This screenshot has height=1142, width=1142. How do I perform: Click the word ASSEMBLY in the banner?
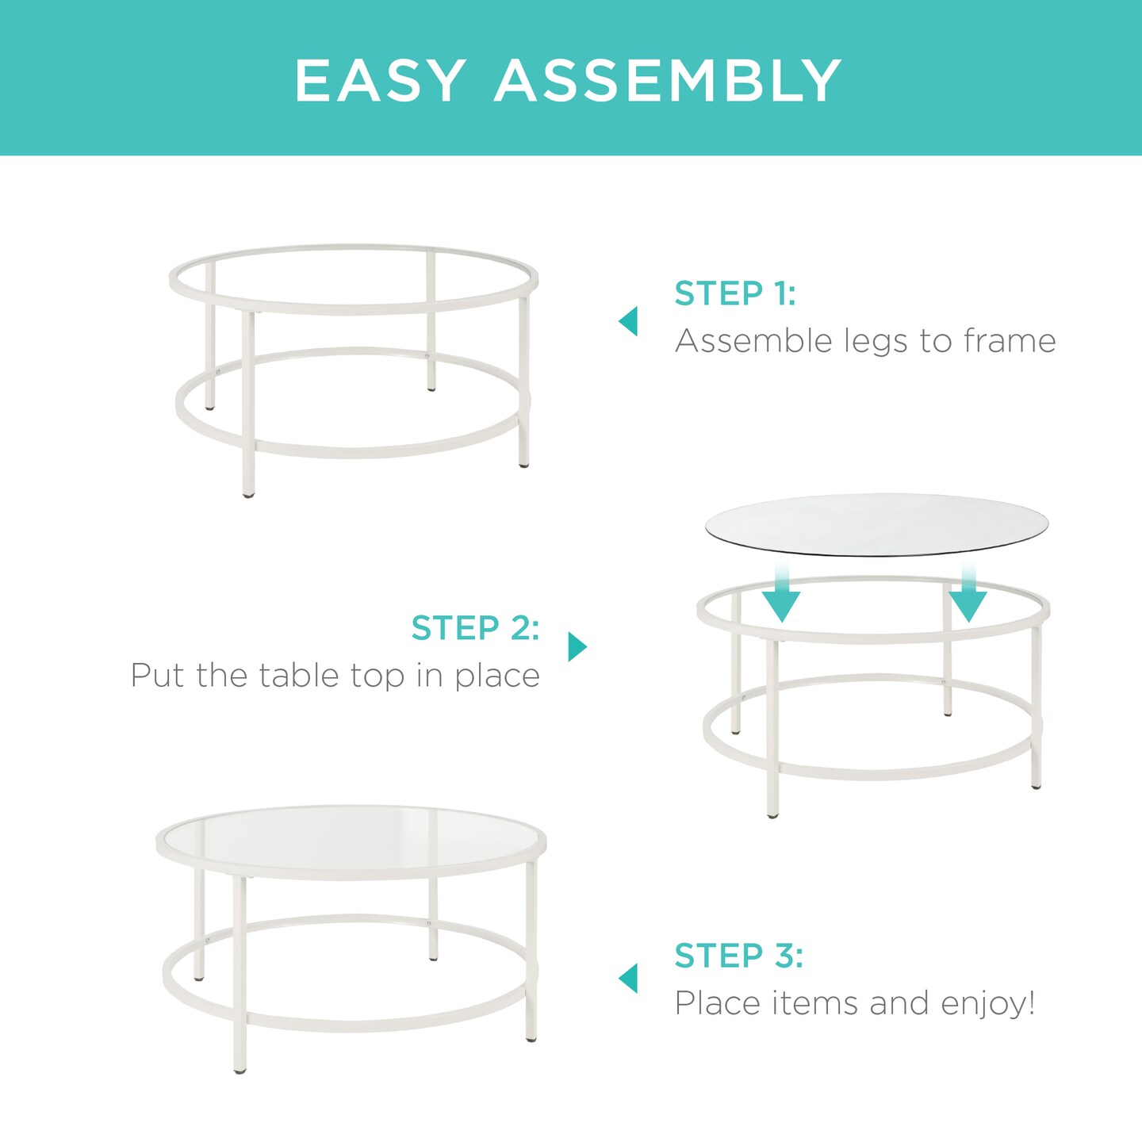pyautogui.click(x=668, y=80)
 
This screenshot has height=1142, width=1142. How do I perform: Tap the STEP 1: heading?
pyautogui.click(x=734, y=293)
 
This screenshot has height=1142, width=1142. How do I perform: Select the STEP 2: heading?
pyautogui.click(x=475, y=628)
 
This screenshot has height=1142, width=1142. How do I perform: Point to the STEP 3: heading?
pyautogui.click(x=738, y=956)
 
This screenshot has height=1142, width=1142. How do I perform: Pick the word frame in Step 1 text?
pyautogui.click(x=1009, y=341)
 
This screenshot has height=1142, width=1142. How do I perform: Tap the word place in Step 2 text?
pyautogui.click(x=496, y=676)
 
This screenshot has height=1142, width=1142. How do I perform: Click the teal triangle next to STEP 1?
pyautogui.click(x=628, y=321)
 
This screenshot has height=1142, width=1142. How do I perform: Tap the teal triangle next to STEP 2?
pyautogui.click(x=577, y=646)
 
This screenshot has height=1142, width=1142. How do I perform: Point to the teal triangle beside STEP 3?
pyautogui.click(x=628, y=978)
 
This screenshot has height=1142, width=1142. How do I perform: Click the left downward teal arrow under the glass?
pyautogui.click(x=781, y=599)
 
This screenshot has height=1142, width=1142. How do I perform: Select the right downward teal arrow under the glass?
pyautogui.click(x=968, y=599)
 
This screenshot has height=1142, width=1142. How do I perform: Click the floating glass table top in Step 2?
pyautogui.click(x=876, y=524)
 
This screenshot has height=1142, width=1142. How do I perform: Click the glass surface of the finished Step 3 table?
pyautogui.click(x=351, y=841)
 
